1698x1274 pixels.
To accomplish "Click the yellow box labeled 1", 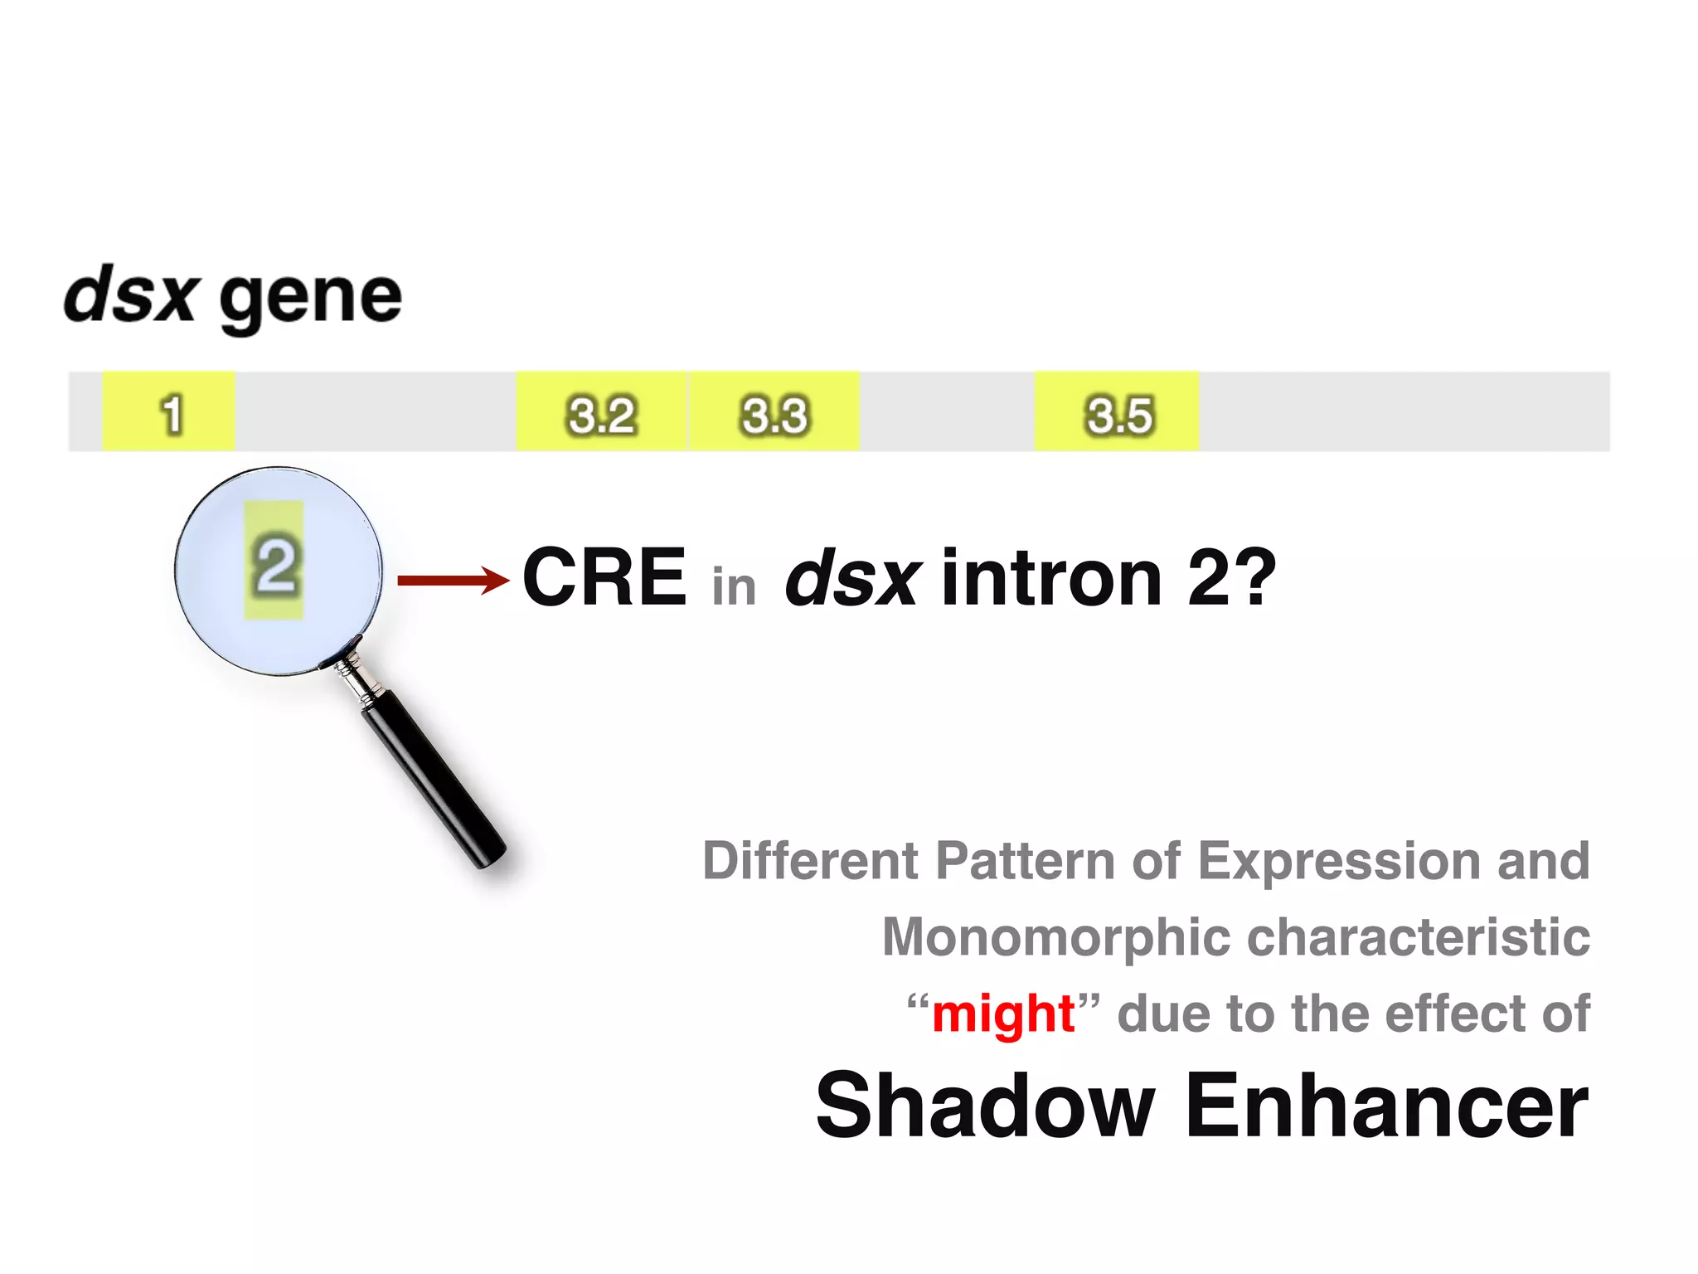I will coord(168,412).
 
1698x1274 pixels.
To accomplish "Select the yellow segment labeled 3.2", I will coord(601,412).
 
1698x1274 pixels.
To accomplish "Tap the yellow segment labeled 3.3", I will coord(774,412).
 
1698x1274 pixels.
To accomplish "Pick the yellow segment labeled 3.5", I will coord(1117,412).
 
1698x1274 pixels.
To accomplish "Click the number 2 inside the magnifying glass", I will coord(274,566).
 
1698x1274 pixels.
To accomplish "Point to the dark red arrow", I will coord(452,580).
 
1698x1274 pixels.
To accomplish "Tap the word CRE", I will coord(604,577).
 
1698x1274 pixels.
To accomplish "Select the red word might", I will coord(1003,1014).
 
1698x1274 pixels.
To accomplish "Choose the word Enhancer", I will coord(1386,1106).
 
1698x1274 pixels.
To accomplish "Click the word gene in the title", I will coord(311,299).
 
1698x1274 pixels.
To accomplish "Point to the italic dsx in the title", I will coord(130,294).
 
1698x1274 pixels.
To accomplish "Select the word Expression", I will coord(1339,861).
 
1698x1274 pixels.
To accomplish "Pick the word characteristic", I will coord(1419,937).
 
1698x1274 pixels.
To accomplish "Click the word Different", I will coord(810,860).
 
